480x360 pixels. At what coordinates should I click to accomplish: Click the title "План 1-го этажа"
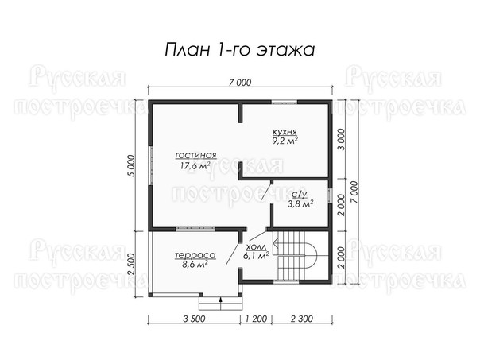pos(240,49)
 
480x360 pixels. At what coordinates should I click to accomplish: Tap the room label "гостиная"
pos(196,155)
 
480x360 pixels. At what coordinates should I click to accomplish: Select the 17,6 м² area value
pos(195,166)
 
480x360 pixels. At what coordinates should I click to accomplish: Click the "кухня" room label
pos(285,132)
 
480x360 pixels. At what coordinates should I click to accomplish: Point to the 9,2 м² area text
pos(285,141)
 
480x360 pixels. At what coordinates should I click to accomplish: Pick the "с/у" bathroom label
pos(300,195)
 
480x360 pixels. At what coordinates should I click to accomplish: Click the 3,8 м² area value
pos(300,203)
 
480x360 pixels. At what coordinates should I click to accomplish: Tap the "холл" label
pos(256,247)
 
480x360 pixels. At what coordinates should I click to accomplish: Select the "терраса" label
pos(195,255)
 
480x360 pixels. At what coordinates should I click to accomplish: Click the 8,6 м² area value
pos(195,264)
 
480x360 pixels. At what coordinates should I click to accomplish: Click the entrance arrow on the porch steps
pos(220,304)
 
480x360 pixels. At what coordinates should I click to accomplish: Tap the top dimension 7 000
pos(240,83)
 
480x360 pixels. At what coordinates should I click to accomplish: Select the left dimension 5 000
pos(130,166)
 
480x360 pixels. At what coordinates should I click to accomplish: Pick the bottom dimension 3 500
pos(194,319)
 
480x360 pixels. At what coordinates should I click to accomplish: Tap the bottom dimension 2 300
pos(302,319)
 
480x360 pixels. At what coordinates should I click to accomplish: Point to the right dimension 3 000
pos(341,140)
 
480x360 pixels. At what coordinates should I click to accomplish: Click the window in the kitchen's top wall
pos(285,103)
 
